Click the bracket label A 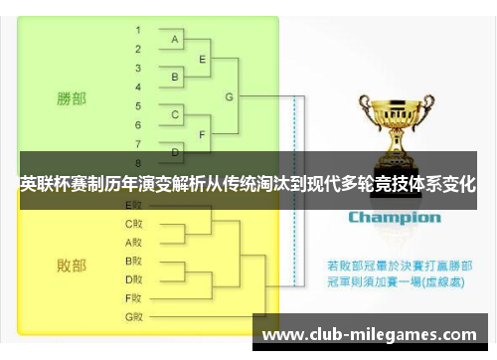pyautogui.click(x=175, y=40)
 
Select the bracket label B pyautogui.click(x=175, y=77)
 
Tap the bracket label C pyautogui.click(x=175, y=115)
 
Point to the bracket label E pyautogui.click(x=203, y=59)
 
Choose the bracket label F pyautogui.click(x=203, y=133)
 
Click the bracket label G pyautogui.click(x=230, y=96)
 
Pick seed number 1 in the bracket pyautogui.click(x=138, y=30)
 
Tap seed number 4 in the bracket pyautogui.click(x=138, y=87)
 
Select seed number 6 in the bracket pyautogui.click(x=138, y=124)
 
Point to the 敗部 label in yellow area pyautogui.click(x=71, y=266)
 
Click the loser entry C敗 pyautogui.click(x=133, y=224)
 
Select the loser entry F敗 pyautogui.click(x=133, y=297)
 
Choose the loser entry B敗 pyautogui.click(x=133, y=261)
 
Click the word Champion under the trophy pyautogui.click(x=394, y=217)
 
